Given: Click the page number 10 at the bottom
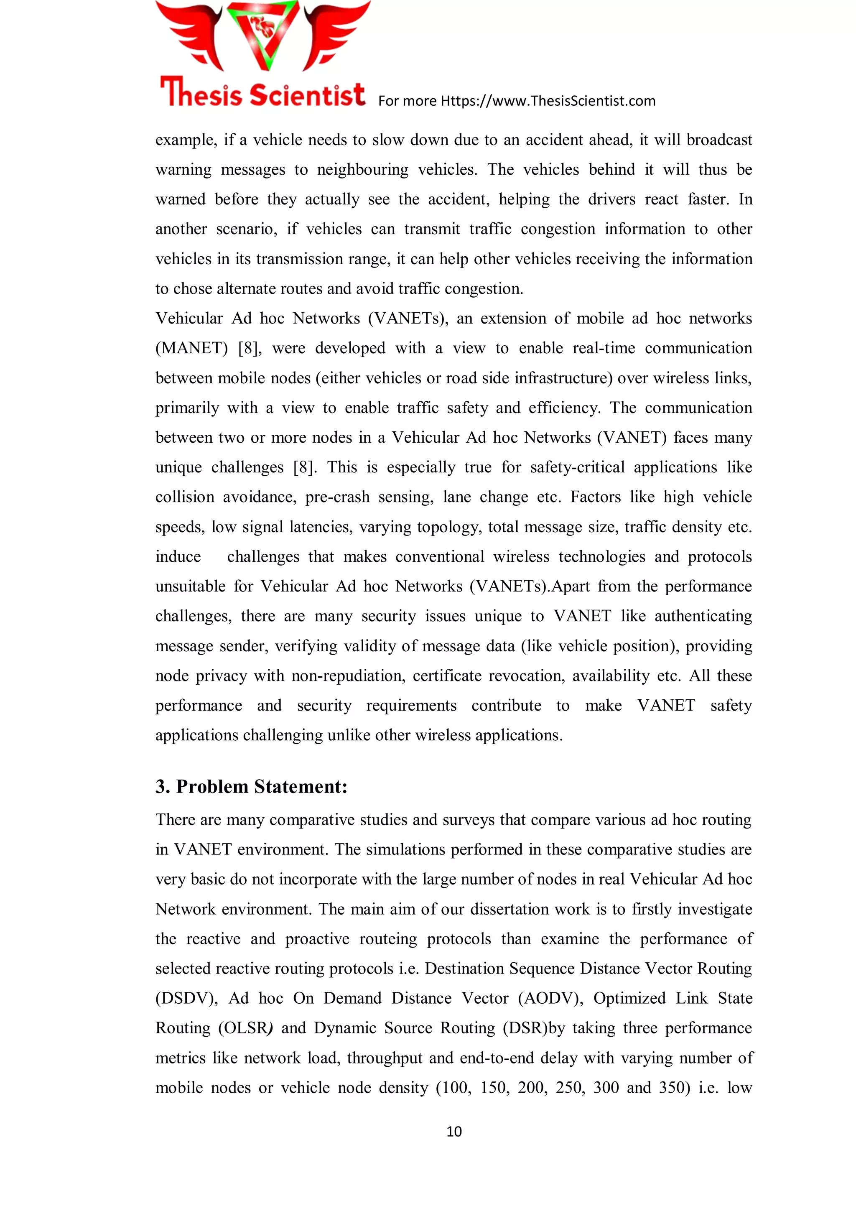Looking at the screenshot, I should tap(453, 1131).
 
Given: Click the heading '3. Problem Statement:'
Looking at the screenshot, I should tap(252, 786).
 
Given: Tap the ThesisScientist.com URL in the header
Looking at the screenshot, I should tap(548, 101).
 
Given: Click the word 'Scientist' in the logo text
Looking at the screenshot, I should tap(307, 95).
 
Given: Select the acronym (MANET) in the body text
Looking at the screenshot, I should tap(191, 348).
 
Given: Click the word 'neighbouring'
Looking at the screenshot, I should tap(362, 169).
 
